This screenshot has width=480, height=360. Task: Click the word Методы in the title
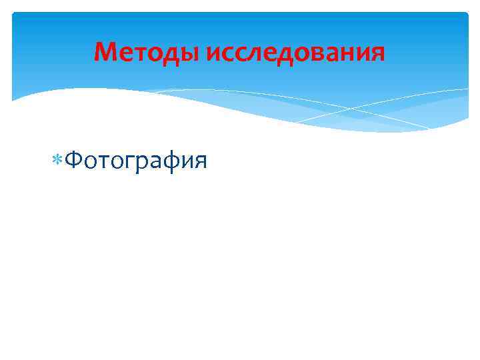147,51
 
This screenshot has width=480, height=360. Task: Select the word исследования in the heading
295,51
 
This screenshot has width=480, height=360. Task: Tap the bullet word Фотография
137,160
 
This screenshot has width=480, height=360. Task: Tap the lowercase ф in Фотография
169,161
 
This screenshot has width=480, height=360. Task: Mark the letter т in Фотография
107,161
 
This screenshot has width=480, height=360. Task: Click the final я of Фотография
200,161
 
